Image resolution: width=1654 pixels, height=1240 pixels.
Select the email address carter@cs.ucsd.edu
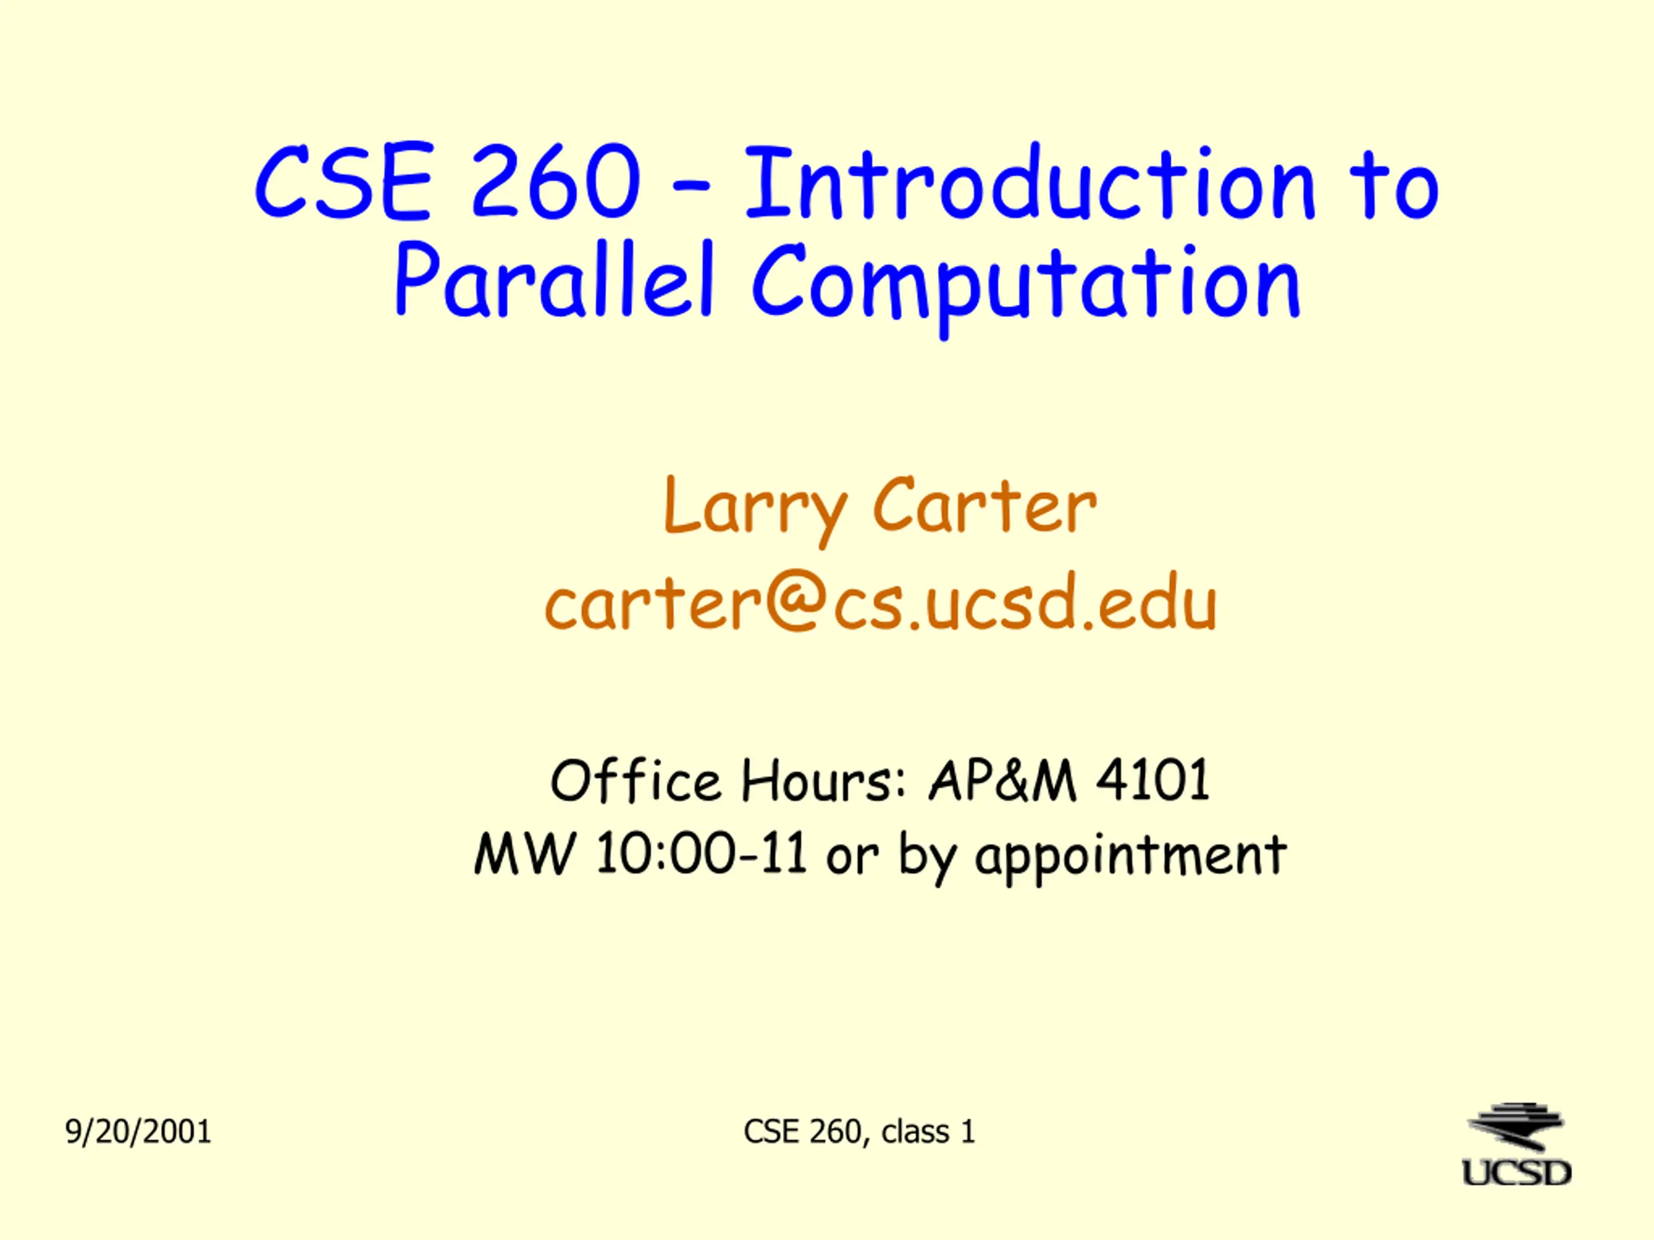click(881, 602)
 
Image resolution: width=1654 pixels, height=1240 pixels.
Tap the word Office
click(636, 780)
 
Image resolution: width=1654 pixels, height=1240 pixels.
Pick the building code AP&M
click(1003, 780)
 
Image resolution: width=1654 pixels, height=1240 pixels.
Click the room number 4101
click(1152, 780)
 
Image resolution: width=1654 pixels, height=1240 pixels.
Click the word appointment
click(1131, 857)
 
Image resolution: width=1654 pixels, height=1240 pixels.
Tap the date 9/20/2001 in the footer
click(138, 1131)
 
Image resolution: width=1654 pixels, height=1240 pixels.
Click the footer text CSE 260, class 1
click(859, 1131)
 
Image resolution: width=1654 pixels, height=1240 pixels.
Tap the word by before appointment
click(927, 857)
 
